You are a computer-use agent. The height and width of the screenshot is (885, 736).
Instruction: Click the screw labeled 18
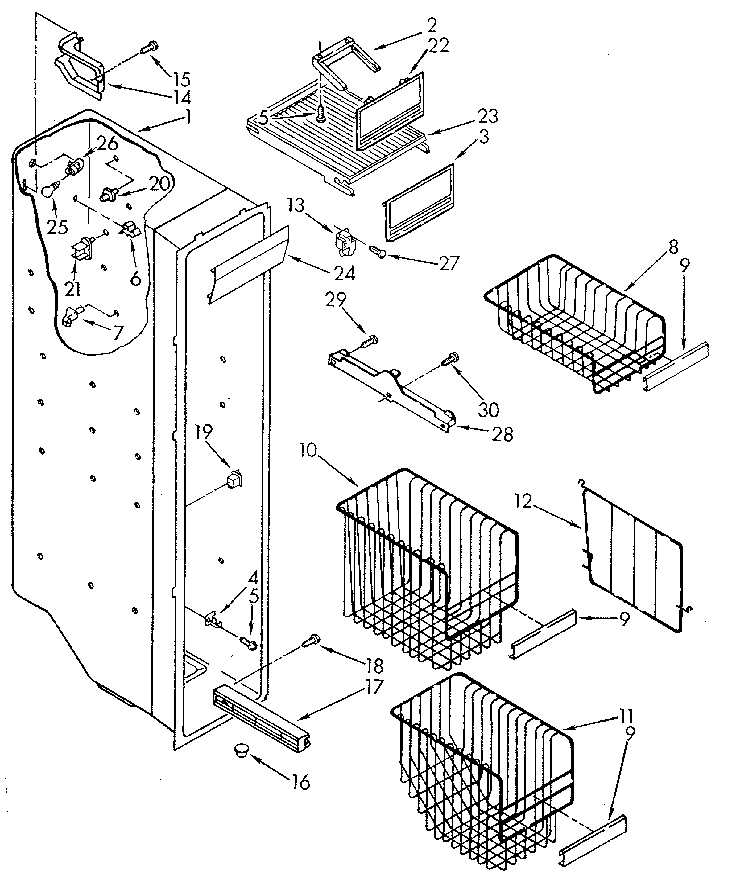pos(313,640)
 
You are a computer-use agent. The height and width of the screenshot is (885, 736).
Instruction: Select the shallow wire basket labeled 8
pos(575,323)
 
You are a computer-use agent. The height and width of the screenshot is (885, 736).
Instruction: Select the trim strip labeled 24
pos(244,263)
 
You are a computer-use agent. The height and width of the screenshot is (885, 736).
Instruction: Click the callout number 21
pos(72,289)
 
